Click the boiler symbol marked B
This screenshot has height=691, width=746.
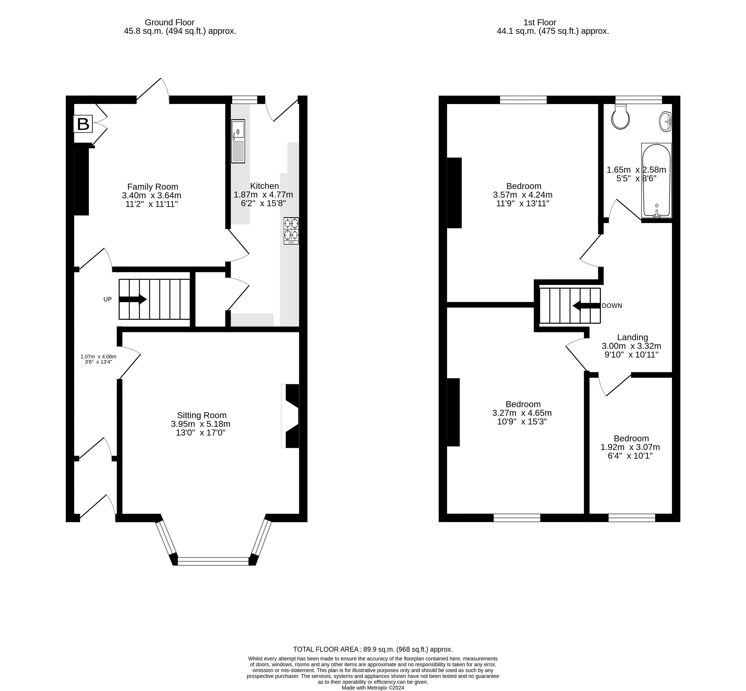click(x=83, y=124)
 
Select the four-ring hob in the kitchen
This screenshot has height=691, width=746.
click(x=291, y=231)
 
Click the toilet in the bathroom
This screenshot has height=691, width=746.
click(x=620, y=117)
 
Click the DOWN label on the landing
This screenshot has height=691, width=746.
click(x=612, y=305)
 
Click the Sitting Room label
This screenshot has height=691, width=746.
click(x=202, y=415)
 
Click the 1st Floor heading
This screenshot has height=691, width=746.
click(x=540, y=22)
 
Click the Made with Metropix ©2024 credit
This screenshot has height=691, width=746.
click(x=373, y=687)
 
